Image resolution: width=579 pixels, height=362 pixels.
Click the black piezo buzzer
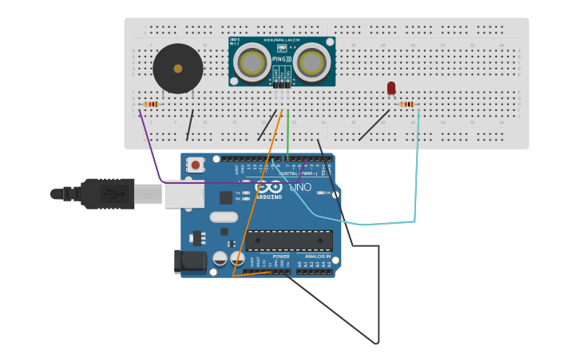coord(177,69)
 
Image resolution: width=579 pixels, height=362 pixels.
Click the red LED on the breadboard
coord(391,88)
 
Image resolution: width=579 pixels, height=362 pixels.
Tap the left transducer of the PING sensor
coord(253,62)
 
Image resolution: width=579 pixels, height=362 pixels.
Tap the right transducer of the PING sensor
coord(311,62)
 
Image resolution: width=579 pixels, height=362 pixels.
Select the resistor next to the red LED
coord(407,104)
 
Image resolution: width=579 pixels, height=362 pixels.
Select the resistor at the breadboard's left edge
coord(150,104)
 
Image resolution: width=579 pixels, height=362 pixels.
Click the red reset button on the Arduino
coord(195,165)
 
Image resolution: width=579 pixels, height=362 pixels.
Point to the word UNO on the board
coord(299,188)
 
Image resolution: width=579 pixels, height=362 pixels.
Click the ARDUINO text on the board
coord(268,197)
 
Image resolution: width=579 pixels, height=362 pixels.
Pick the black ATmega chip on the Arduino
coord(288,240)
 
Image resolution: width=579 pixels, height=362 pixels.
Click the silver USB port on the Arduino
coord(184,193)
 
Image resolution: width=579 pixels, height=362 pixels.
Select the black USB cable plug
coord(107,193)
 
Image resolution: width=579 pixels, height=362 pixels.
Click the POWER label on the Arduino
coord(270,257)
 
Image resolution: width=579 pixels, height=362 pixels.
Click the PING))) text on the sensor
coord(282,60)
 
